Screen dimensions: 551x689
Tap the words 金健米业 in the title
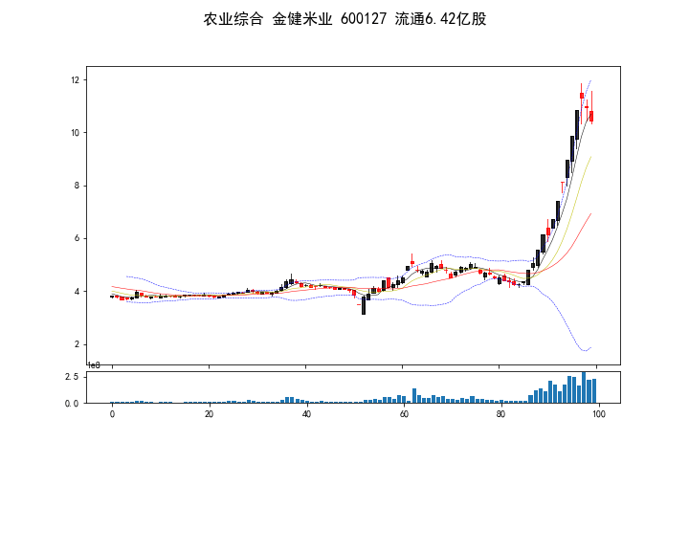pyautogui.click(x=300, y=19)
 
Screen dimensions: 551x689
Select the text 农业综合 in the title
pyautogui.click(x=233, y=19)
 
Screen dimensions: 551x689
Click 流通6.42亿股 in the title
pyautogui.click(x=440, y=19)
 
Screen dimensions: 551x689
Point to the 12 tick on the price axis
pyautogui.click(x=73, y=80)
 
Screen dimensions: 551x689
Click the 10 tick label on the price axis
pyautogui.click(x=73, y=133)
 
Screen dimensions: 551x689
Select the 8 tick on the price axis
pyautogui.click(x=76, y=186)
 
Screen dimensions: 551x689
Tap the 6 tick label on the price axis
pyautogui.click(x=76, y=239)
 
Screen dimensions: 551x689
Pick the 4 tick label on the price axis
pyautogui.click(x=76, y=292)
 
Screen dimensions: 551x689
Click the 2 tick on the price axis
pyautogui.click(x=76, y=344)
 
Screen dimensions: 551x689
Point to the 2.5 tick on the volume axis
pyautogui.click(x=71, y=378)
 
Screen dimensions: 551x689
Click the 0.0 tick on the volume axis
pyautogui.click(x=71, y=404)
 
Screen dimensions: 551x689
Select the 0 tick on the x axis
pyautogui.click(x=112, y=414)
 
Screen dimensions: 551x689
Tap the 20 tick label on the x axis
pyautogui.click(x=209, y=414)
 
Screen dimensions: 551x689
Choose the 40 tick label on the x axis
pyautogui.click(x=306, y=414)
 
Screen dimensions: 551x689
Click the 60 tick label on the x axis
pyautogui.click(x=403, y=414)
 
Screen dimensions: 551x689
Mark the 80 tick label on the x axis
pyautogui.click(x=500, y=414)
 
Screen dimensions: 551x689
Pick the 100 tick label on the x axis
pyautogui.click(x=597, y=414)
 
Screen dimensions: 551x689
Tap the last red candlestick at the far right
pyautogui.click(x=591, y=116)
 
